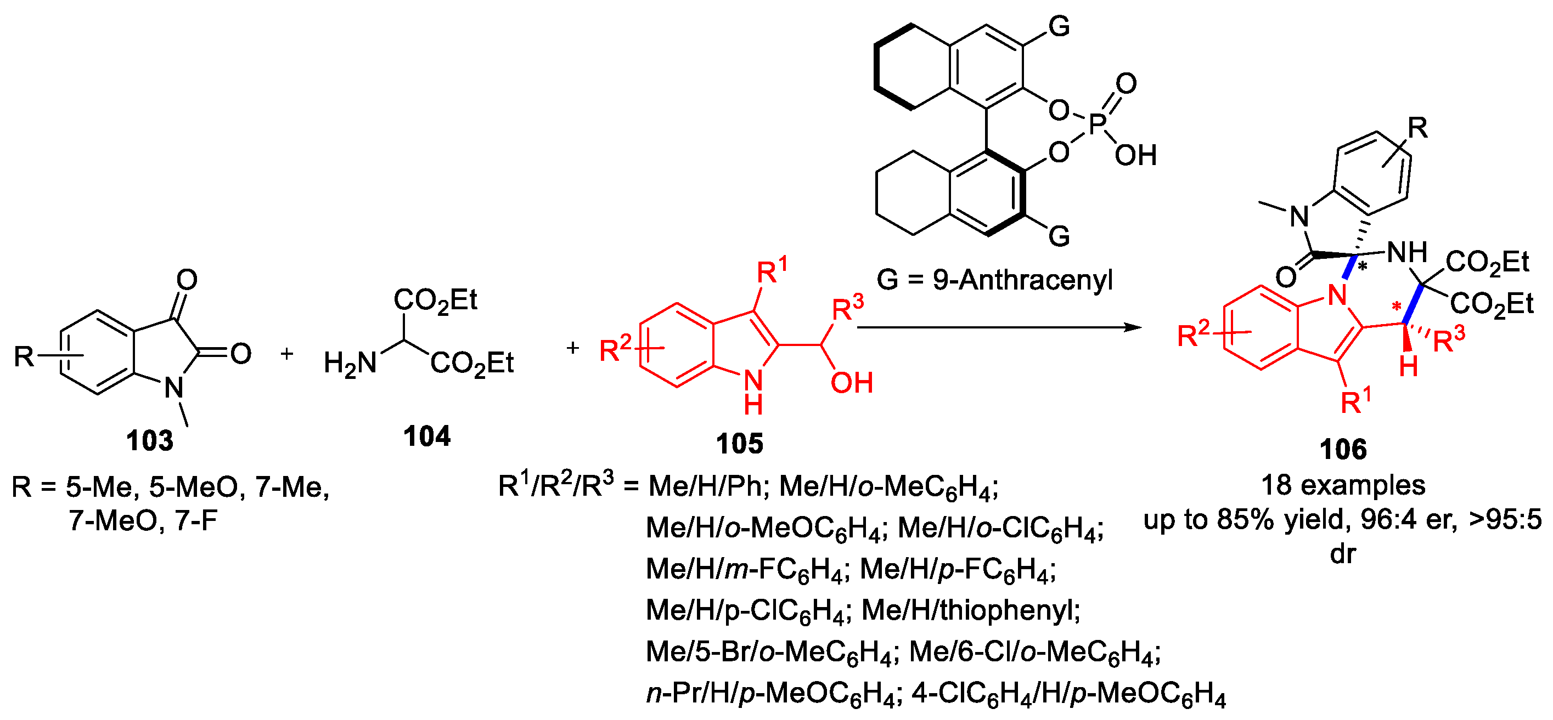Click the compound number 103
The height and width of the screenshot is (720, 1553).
[149, 440]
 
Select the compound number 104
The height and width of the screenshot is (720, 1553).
[426, 436]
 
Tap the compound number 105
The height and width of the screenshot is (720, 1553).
[739, 444]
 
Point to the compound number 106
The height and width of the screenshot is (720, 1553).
[1343, 450]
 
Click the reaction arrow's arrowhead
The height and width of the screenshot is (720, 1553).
[1135, 327]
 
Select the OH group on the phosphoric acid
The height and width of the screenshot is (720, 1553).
[1135, 155]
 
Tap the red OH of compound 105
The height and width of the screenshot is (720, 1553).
[851, 383]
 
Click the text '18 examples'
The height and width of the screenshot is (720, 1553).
[1343, 485]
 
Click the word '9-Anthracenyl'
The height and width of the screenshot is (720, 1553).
[1022, 280]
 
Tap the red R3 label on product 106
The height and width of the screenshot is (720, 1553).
[1448, 341]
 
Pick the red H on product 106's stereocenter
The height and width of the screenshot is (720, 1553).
[1408, 366]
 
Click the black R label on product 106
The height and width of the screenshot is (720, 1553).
[1417, 128]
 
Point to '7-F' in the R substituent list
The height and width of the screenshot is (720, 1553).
[196, 520]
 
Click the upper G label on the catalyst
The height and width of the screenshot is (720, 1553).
[1059, 26]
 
